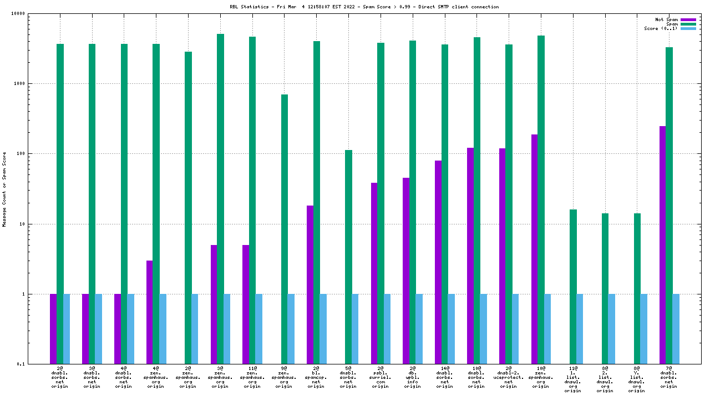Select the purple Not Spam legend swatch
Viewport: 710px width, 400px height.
pos(688,19)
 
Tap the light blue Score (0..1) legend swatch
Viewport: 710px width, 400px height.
pos(688,28)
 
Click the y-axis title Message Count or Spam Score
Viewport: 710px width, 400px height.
pos(4,189)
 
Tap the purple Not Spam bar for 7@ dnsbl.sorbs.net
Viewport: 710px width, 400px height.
pos(662,245)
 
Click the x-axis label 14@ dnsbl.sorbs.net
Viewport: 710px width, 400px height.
pos(444,377)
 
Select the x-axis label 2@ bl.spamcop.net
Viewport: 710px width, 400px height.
pos(316,377)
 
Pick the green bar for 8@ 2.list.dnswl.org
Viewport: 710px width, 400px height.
pos(605,288)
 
